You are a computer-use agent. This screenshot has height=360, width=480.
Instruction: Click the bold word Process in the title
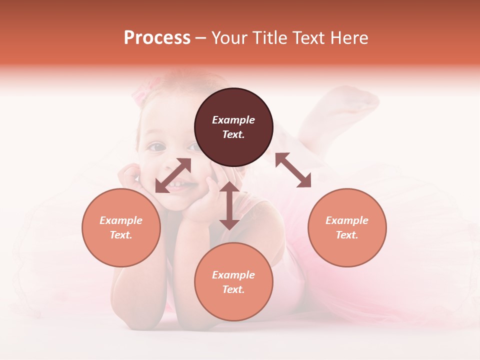pos(157,38)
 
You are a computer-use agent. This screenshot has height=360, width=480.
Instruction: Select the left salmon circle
pos(121,227)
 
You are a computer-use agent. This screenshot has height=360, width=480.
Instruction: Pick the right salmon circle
pos(347,227)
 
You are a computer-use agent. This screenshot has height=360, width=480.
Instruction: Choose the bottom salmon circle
pos(233,281)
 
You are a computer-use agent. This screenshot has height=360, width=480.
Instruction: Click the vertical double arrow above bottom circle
pos(229,205)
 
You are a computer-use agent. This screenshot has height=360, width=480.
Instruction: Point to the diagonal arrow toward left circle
pos(173,175)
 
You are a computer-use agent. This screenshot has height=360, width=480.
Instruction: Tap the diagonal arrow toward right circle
pos(293,170)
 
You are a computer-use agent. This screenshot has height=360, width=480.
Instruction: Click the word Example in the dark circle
pos(233,120)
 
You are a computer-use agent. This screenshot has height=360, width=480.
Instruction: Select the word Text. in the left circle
pos(121,235)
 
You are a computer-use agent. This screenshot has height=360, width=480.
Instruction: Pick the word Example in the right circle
pos(347,220)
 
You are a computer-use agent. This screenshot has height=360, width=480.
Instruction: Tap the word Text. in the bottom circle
pos(233,289)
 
